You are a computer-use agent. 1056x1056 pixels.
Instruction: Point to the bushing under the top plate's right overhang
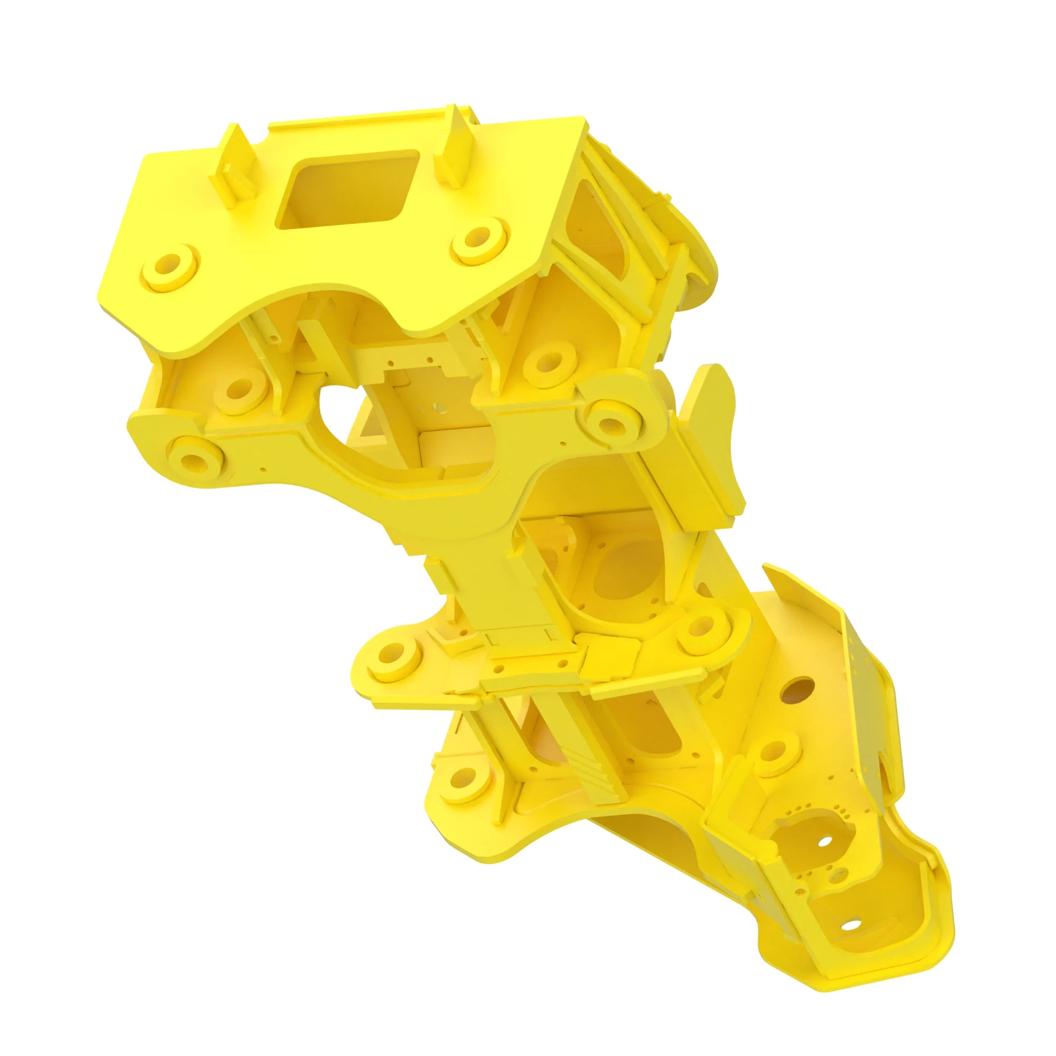click(x=552, y=361)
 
